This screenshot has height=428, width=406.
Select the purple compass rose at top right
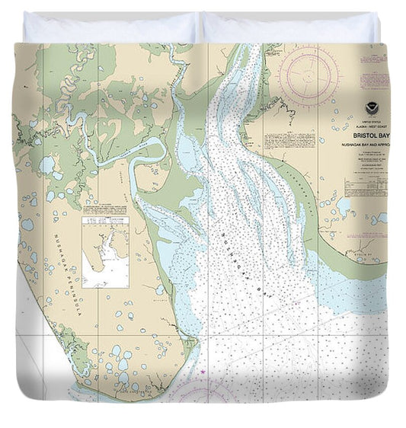tap(308, 76)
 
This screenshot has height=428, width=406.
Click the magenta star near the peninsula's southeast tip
tap(204, 372)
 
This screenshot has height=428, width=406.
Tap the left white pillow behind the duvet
tap(110, 28)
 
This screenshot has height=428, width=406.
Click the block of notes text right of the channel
tap(283, 141)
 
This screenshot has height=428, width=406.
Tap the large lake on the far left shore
tap(47, 164)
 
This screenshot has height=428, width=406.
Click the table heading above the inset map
tap(106, 210)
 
